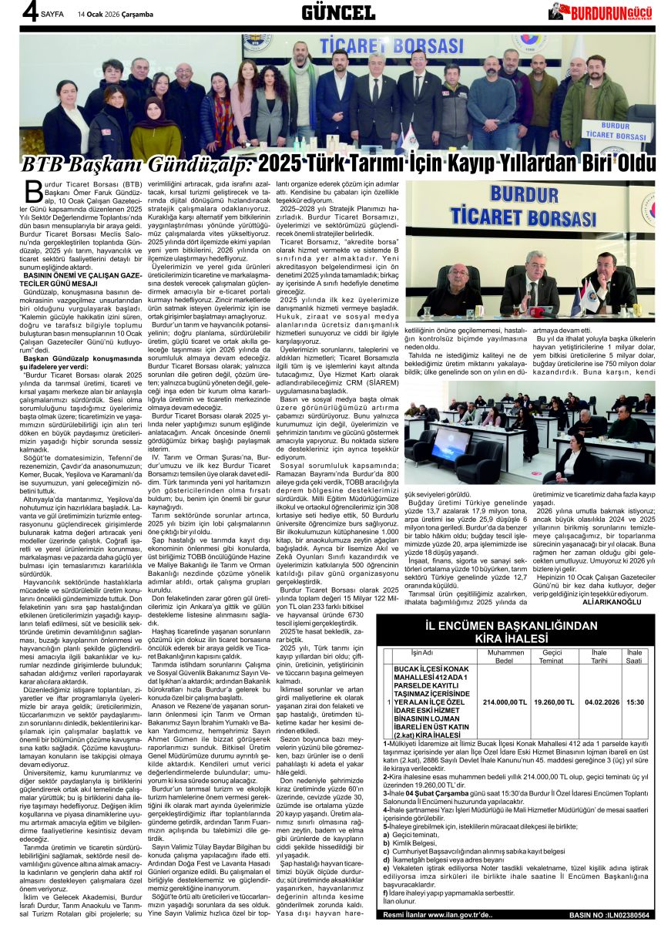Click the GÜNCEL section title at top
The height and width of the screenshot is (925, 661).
coord(337,12)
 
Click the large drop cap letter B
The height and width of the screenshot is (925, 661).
coord(32,189)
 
